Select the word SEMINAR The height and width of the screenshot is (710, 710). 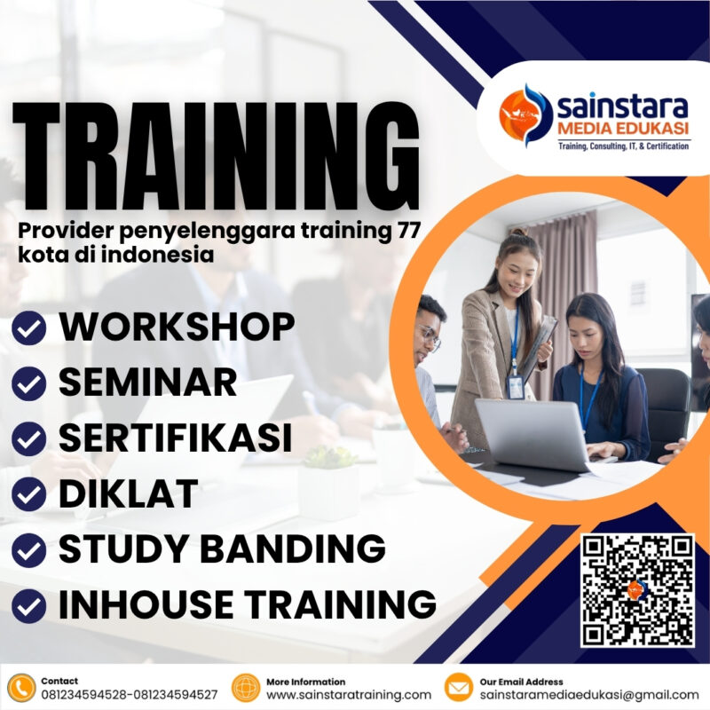click(x=147, y=383)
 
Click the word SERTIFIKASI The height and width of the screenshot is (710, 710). click(x=175, y=438)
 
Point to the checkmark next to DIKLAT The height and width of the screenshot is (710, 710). click(x=29, y=495)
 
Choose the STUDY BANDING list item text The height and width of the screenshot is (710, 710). click(x=222, y=548)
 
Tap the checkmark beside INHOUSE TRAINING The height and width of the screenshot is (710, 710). click(x=29, y=605)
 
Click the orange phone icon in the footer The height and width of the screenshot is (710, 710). click(x=20, y=688)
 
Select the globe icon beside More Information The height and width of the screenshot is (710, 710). click(x=244, y=688)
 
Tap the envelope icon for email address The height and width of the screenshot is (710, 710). click(x=458, y=688)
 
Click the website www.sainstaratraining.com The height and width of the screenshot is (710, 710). click(x=349, y=695)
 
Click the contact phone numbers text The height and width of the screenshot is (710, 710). click(x=129, y=695)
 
